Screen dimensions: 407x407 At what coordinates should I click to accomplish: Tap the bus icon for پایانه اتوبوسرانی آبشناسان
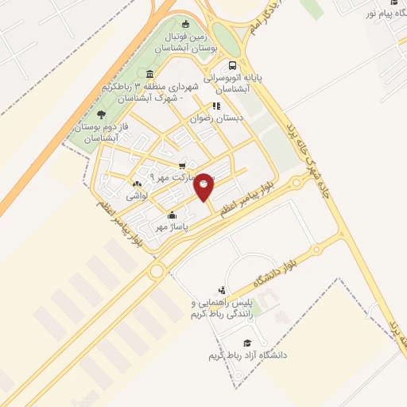[x=231, y=66]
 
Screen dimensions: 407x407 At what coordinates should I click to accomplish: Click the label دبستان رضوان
[x=211, y=118]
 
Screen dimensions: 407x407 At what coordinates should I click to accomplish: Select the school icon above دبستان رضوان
[x=215, y=106]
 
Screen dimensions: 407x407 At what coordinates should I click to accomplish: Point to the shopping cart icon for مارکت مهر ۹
[x=182, y=165]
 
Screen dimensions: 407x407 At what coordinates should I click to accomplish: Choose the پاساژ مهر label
[x=169, y=227]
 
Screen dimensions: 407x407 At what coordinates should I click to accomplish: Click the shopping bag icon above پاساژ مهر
[x=172, y=215]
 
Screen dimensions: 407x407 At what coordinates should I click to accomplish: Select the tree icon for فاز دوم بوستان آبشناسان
[x=99, y=114]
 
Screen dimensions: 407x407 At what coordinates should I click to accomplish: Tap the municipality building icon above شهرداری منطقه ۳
[x=150, y=74]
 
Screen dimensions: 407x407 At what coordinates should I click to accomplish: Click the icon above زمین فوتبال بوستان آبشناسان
[x=186, y=24]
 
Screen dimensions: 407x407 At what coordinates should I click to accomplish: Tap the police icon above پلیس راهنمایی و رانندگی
[x=221, y=291]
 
